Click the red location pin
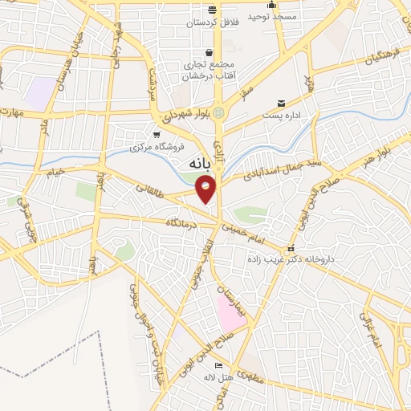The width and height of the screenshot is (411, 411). pos(206,189)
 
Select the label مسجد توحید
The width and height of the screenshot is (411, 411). pos(272,16)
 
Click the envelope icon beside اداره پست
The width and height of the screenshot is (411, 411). pos(281,104)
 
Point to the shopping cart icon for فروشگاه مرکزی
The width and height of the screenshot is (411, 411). pos(157,134)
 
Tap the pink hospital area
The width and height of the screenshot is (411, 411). pos(230,314)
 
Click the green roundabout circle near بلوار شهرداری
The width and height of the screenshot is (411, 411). pos(218,112)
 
